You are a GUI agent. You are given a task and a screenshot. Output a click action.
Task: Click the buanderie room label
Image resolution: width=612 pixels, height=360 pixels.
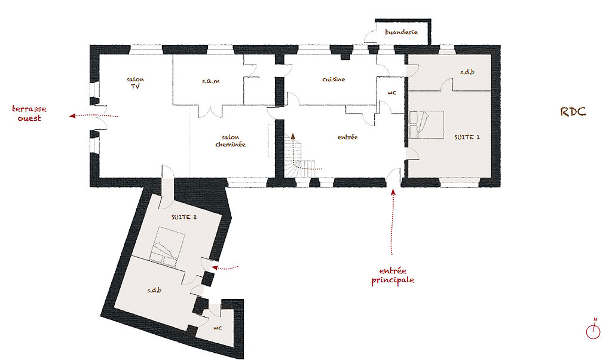[x=401, y=32]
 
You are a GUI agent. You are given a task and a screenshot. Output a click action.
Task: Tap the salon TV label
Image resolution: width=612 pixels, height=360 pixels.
[x=136, y=83]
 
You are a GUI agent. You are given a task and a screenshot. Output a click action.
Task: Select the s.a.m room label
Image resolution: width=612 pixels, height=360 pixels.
[x=211, y=81]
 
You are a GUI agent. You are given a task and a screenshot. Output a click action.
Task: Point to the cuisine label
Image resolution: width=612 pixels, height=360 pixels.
[x=333, y=80]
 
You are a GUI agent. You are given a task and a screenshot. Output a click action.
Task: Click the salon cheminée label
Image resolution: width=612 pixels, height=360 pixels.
[x=230, y=141]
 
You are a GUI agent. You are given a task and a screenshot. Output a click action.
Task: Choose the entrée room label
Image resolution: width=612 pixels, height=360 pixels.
[x=348, y=137]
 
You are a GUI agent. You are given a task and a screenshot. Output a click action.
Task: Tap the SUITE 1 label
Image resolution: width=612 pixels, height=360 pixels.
[x=467, y=137]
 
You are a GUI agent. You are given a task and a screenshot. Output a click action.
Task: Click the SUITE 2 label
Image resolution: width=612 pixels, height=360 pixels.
[x=184, y=217]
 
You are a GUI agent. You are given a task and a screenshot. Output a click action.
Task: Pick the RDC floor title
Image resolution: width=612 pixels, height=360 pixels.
[x=573, y=112]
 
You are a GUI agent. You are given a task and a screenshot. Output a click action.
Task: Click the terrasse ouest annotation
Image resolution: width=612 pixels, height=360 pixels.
[x=29, y=113]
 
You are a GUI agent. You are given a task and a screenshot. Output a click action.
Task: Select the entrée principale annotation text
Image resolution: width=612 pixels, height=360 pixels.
[x=393, y=276]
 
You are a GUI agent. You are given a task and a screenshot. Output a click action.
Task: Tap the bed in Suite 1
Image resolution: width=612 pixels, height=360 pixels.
[x=427, y=125]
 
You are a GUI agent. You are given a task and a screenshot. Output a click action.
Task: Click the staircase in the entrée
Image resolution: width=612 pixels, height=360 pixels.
[x=299, y=157]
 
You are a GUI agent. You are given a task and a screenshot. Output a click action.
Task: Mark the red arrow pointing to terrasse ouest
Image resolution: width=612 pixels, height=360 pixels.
[x=94, y=115]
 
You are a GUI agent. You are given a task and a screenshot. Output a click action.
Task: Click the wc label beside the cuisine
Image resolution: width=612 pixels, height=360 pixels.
[x=392, y=93]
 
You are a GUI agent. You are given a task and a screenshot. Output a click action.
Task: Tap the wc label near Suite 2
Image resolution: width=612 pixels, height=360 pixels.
[x=218, y=328]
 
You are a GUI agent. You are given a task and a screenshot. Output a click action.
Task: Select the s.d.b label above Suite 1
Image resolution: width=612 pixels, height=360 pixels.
[x=467, y=72]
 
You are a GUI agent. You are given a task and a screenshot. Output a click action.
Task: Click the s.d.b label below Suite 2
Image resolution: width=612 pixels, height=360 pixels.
[x=154, y=290]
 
